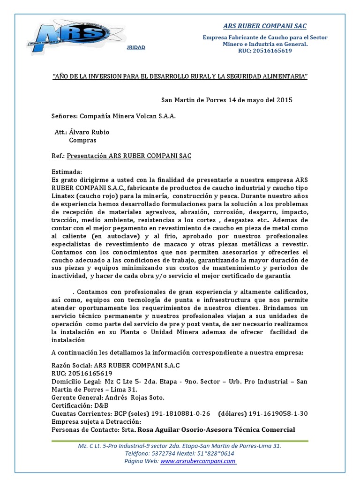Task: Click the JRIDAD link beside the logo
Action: coord(136,47)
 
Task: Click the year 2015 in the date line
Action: coord(284,100)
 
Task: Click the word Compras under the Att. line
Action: coord(82,140)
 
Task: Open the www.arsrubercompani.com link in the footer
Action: coord(198,461)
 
